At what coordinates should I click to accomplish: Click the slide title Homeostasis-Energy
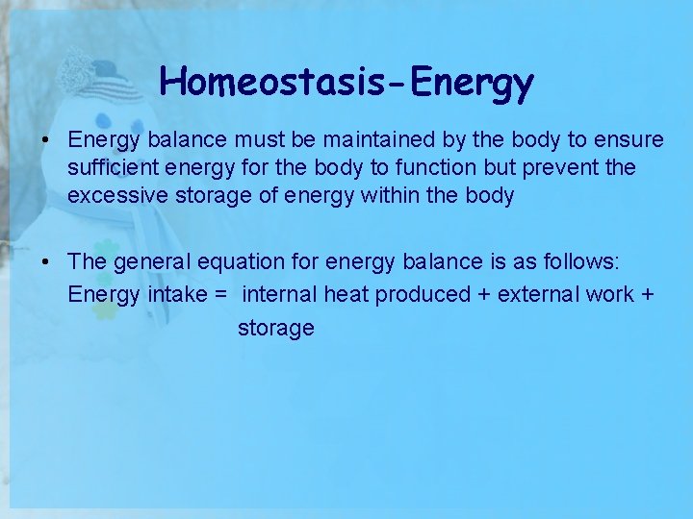346,83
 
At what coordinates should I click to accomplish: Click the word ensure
628,140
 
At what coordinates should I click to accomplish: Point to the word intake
177,294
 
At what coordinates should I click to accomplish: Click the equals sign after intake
221,294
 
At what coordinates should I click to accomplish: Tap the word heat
346,294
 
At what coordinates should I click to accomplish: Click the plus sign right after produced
482,294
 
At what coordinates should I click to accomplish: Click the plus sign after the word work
646,294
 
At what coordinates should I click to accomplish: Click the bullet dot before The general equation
45,262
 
